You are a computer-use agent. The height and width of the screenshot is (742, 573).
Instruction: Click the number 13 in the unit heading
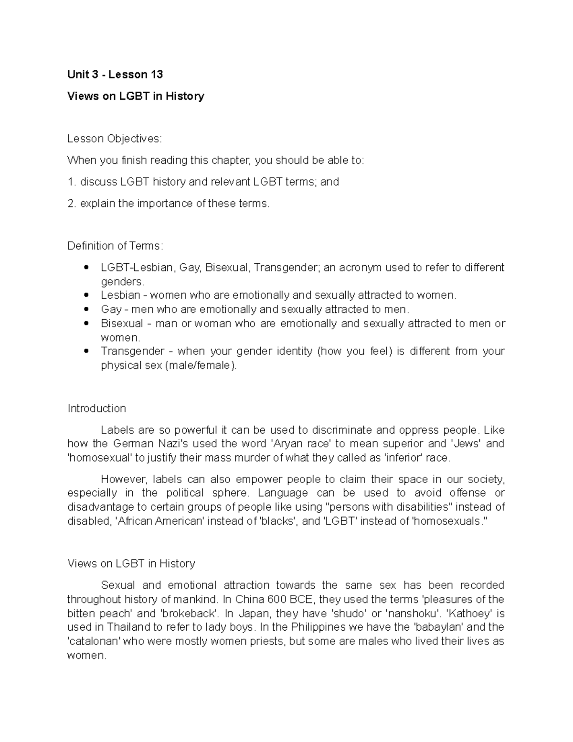[156, 75]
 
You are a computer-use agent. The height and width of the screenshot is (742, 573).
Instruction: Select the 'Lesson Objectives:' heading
[115, 139]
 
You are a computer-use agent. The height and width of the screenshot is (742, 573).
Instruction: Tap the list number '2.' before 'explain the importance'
[72, 204]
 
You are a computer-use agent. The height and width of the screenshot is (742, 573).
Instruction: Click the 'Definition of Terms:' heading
[115, 246]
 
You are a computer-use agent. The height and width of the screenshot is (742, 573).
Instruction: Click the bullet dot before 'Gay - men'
[86, 310]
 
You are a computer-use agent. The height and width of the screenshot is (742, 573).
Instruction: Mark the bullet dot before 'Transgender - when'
[86, 352]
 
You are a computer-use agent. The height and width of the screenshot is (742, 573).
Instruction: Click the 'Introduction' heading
[96, 409]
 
